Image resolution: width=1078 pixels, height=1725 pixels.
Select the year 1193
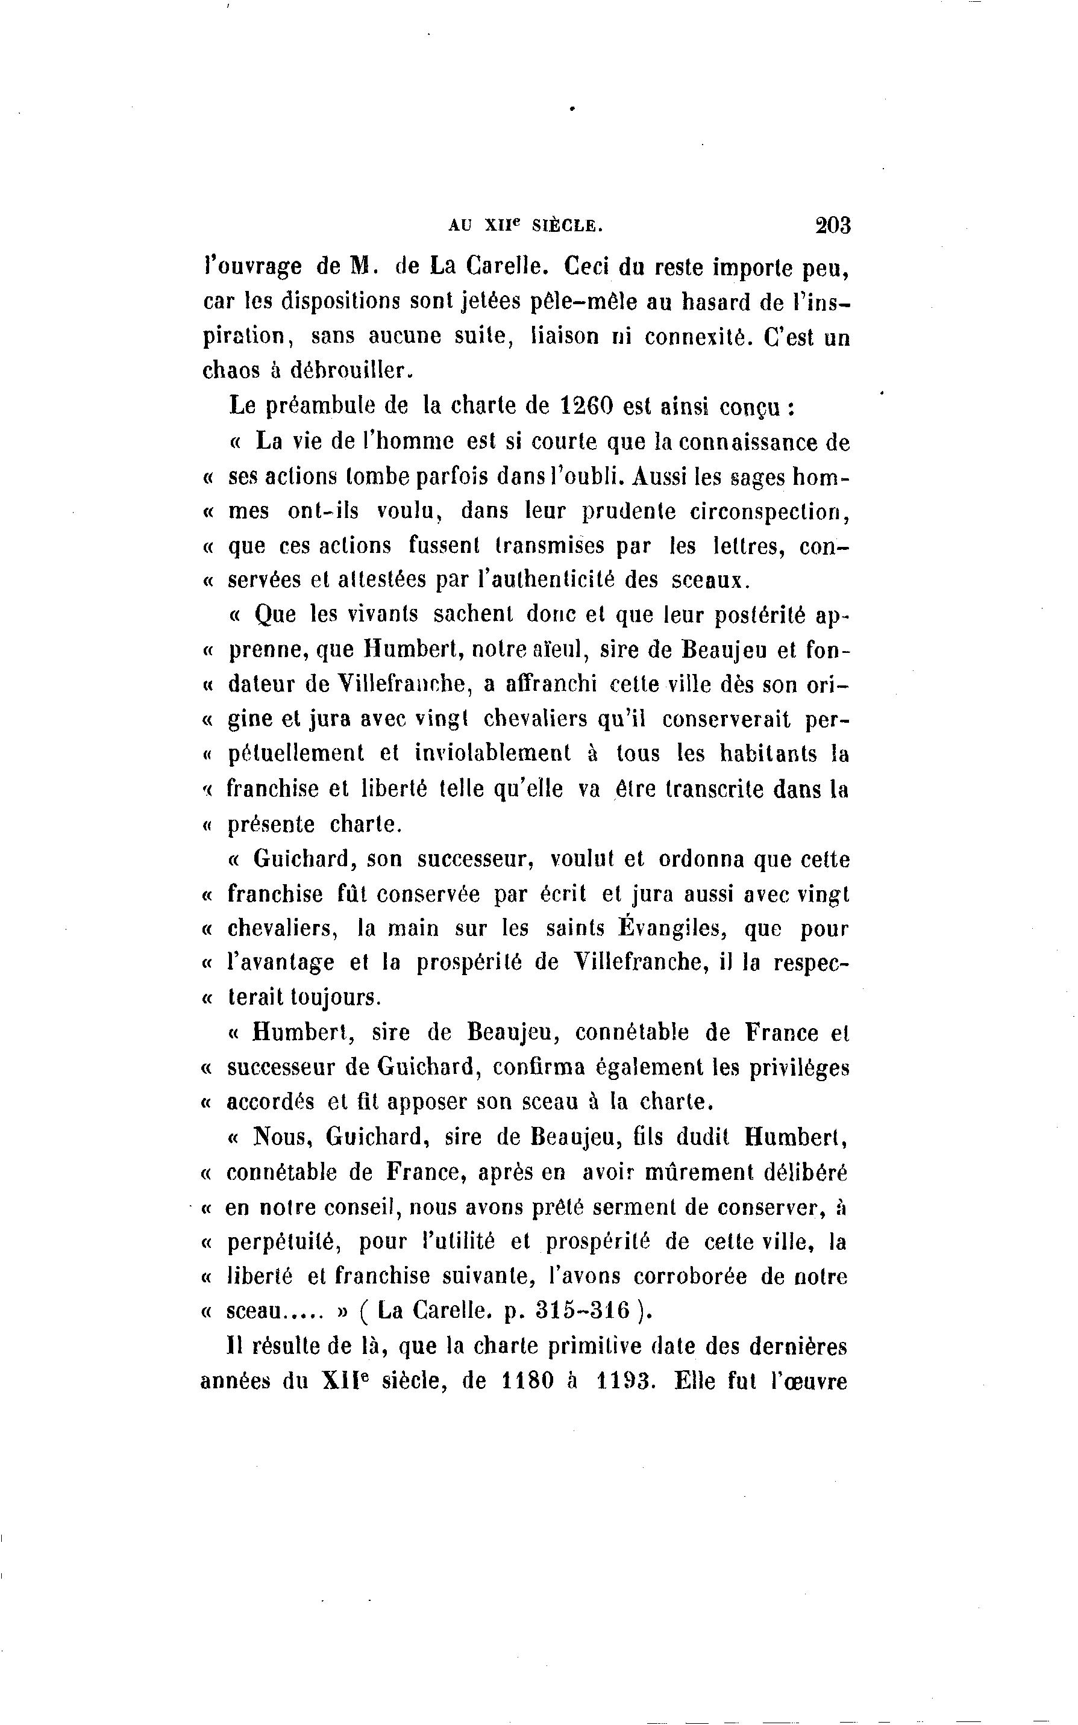point(624,1381)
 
